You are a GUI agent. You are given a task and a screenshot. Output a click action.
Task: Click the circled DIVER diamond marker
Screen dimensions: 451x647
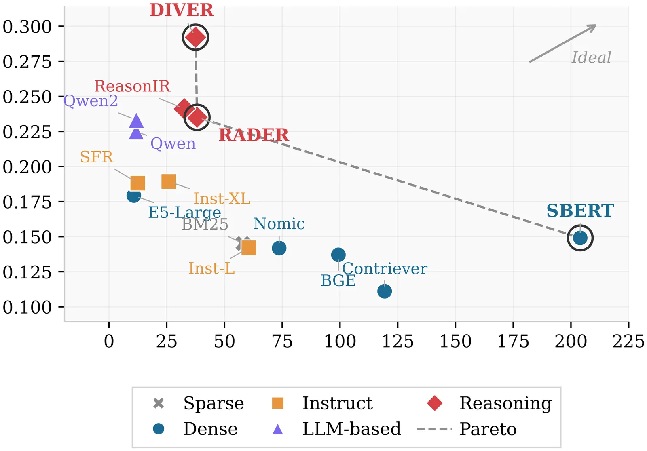point(196,38)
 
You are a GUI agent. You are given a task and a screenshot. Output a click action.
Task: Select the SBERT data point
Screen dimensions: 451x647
point(580,238)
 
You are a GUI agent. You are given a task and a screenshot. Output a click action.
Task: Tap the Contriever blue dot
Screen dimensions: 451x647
point(384,291)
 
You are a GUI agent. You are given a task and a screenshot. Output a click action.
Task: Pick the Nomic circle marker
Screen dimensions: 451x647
point(279,248)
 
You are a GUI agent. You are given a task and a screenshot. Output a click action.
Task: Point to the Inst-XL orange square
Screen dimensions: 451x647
point(169,181)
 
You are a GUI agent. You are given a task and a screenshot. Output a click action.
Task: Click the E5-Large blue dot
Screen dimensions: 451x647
point(133,196)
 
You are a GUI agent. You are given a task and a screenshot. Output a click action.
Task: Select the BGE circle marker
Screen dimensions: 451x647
point(338,255)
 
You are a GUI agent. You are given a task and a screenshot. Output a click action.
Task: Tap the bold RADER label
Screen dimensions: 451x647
point(254,135)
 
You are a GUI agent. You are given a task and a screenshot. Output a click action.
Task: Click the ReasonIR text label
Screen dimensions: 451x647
point(132,86)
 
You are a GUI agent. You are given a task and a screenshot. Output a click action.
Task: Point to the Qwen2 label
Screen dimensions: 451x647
point(91,101)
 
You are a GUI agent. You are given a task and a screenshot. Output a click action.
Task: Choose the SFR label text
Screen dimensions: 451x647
point(97,157)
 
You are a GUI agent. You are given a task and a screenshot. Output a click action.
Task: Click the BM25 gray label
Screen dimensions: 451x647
point(205,224)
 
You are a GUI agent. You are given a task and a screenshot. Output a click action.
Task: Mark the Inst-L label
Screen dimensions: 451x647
point(211,268)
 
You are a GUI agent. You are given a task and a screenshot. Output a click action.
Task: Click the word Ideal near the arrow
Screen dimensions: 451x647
point(591,57)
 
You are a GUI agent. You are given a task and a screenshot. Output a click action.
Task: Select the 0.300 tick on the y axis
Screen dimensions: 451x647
point(27,27)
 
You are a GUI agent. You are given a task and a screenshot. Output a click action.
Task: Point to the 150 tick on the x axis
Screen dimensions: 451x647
point(455,341)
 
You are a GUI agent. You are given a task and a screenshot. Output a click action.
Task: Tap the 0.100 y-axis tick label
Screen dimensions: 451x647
point(27,307)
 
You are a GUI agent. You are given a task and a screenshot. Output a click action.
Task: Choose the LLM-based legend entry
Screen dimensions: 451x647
point(351,429)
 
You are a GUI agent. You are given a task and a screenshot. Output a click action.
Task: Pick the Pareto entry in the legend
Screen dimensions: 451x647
point(488,429)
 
